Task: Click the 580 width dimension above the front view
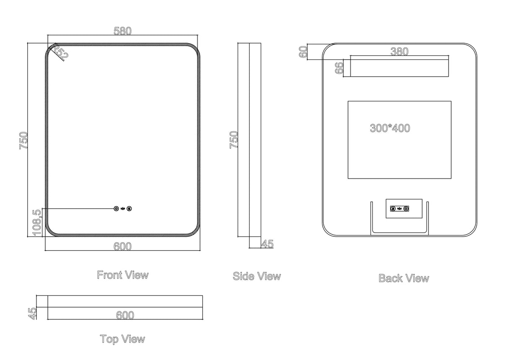(122, 31)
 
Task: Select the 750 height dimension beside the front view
(23, 140)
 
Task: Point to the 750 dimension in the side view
(234, 140)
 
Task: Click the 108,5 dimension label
(37, 222)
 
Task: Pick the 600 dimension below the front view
(122, 247)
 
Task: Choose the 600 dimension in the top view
(125, 315)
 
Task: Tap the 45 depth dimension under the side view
(267, 244)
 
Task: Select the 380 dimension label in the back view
(399, 52)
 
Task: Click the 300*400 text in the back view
(390, 128)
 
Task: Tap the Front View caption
(122, 275)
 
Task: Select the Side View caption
(257, 276)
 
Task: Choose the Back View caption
(403, 278)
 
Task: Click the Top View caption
(122, 339)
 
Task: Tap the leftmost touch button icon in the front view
(116, 208)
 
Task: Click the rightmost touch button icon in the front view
(130, 208)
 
